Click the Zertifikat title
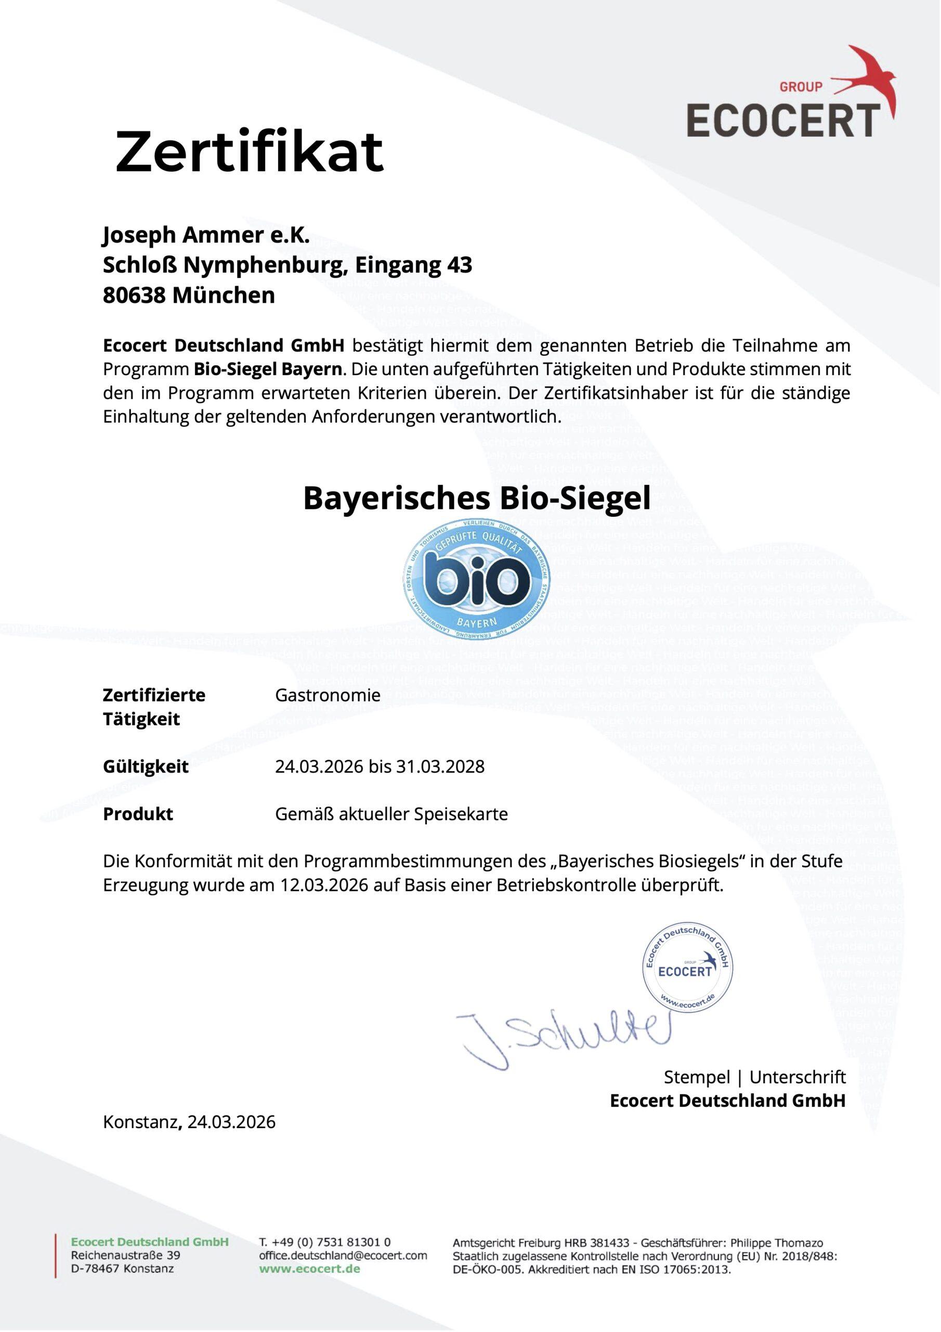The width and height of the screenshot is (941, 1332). point(250,152)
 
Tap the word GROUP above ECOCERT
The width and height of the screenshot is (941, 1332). point(801,87)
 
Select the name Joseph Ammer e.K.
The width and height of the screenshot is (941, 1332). point(206,235)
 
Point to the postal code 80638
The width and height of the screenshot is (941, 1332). point(134,296)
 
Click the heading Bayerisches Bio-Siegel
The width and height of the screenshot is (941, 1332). point(477,498)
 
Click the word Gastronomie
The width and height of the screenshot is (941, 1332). point(328,695)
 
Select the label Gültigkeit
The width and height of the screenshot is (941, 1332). point(146,766)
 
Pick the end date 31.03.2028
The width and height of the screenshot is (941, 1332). point(440,766)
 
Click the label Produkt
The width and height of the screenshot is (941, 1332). point(138,814)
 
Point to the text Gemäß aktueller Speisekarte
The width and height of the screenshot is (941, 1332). point(391,814)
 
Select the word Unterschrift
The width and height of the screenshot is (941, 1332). point(797,1078)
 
